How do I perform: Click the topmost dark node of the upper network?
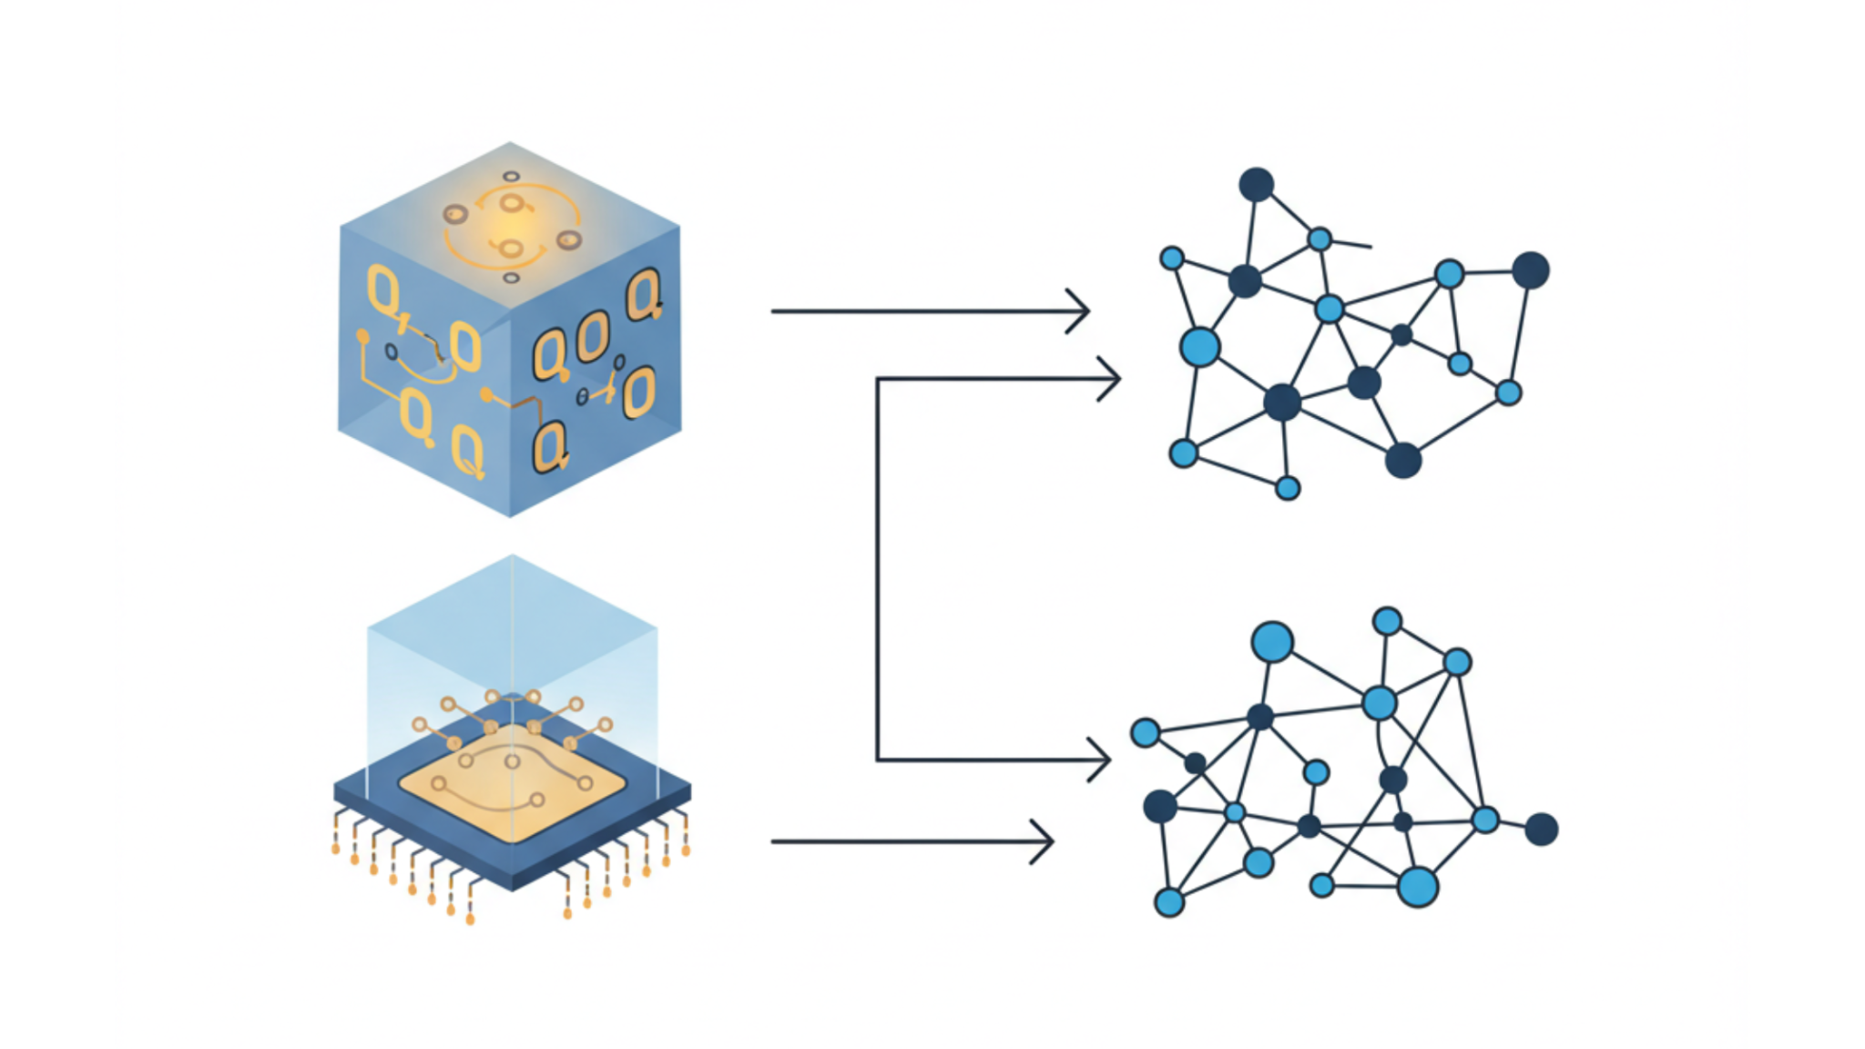pyautogui.click(x=1256, y=185)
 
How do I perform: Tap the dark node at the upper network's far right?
pyautogui.click(x=1531, y=270)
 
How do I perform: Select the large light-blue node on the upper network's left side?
pyautogui.click(x=1199, y=347)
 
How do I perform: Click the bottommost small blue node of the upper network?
pyautogui.click(x=1288, y=488)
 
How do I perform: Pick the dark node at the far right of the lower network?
pyautogui.click(x=1541, y=829)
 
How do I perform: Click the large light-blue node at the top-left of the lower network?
pyautogui.click(x=1272, y=642)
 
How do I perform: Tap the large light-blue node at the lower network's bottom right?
pyautogui.click(x=1418, y=886)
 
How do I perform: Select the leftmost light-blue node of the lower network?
pyautogui.click(x=1145, y=732)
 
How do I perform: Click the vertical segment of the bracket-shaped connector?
pyautogui.click(x=878, y=569)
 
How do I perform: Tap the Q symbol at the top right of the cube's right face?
pyautogui.click(x=643, y=294)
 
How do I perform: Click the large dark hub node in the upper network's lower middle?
pyautogui.click(x=1282, y=402)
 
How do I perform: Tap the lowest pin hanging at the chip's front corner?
pyautogui.click(x=471, y=920)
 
